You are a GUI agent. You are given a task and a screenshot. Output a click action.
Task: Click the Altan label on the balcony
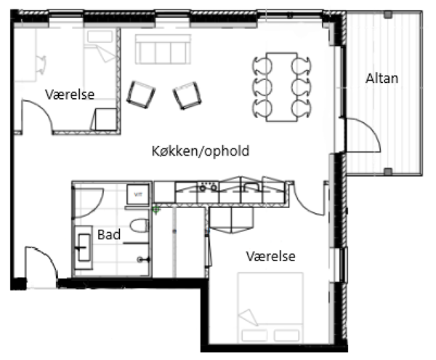tap(381, 79)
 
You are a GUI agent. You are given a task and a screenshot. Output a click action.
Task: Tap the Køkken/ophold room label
tap(201, 151)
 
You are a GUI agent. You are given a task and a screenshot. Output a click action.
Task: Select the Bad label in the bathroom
tap(109, 234)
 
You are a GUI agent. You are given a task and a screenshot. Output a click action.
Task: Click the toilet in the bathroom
tap(140, 225)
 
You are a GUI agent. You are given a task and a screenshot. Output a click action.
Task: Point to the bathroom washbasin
tap(84, 247)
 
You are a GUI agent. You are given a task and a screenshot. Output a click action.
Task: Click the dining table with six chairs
tap(282, 87)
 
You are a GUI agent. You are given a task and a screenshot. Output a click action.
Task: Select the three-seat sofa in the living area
tap(163, 49)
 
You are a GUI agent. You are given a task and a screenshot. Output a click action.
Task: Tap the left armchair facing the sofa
tap(141, 95)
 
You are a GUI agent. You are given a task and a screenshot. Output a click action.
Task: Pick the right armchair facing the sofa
tap(187, 95)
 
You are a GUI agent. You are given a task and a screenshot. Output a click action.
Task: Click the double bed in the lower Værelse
tap(270, 308)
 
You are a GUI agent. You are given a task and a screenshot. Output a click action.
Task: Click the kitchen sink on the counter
tap(251, 187)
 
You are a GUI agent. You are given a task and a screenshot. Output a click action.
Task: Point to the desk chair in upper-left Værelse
tap(41, 65)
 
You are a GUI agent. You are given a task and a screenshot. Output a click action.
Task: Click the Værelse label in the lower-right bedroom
tap(270, 256)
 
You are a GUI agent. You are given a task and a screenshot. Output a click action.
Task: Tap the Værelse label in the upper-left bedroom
tap(70, 95)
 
